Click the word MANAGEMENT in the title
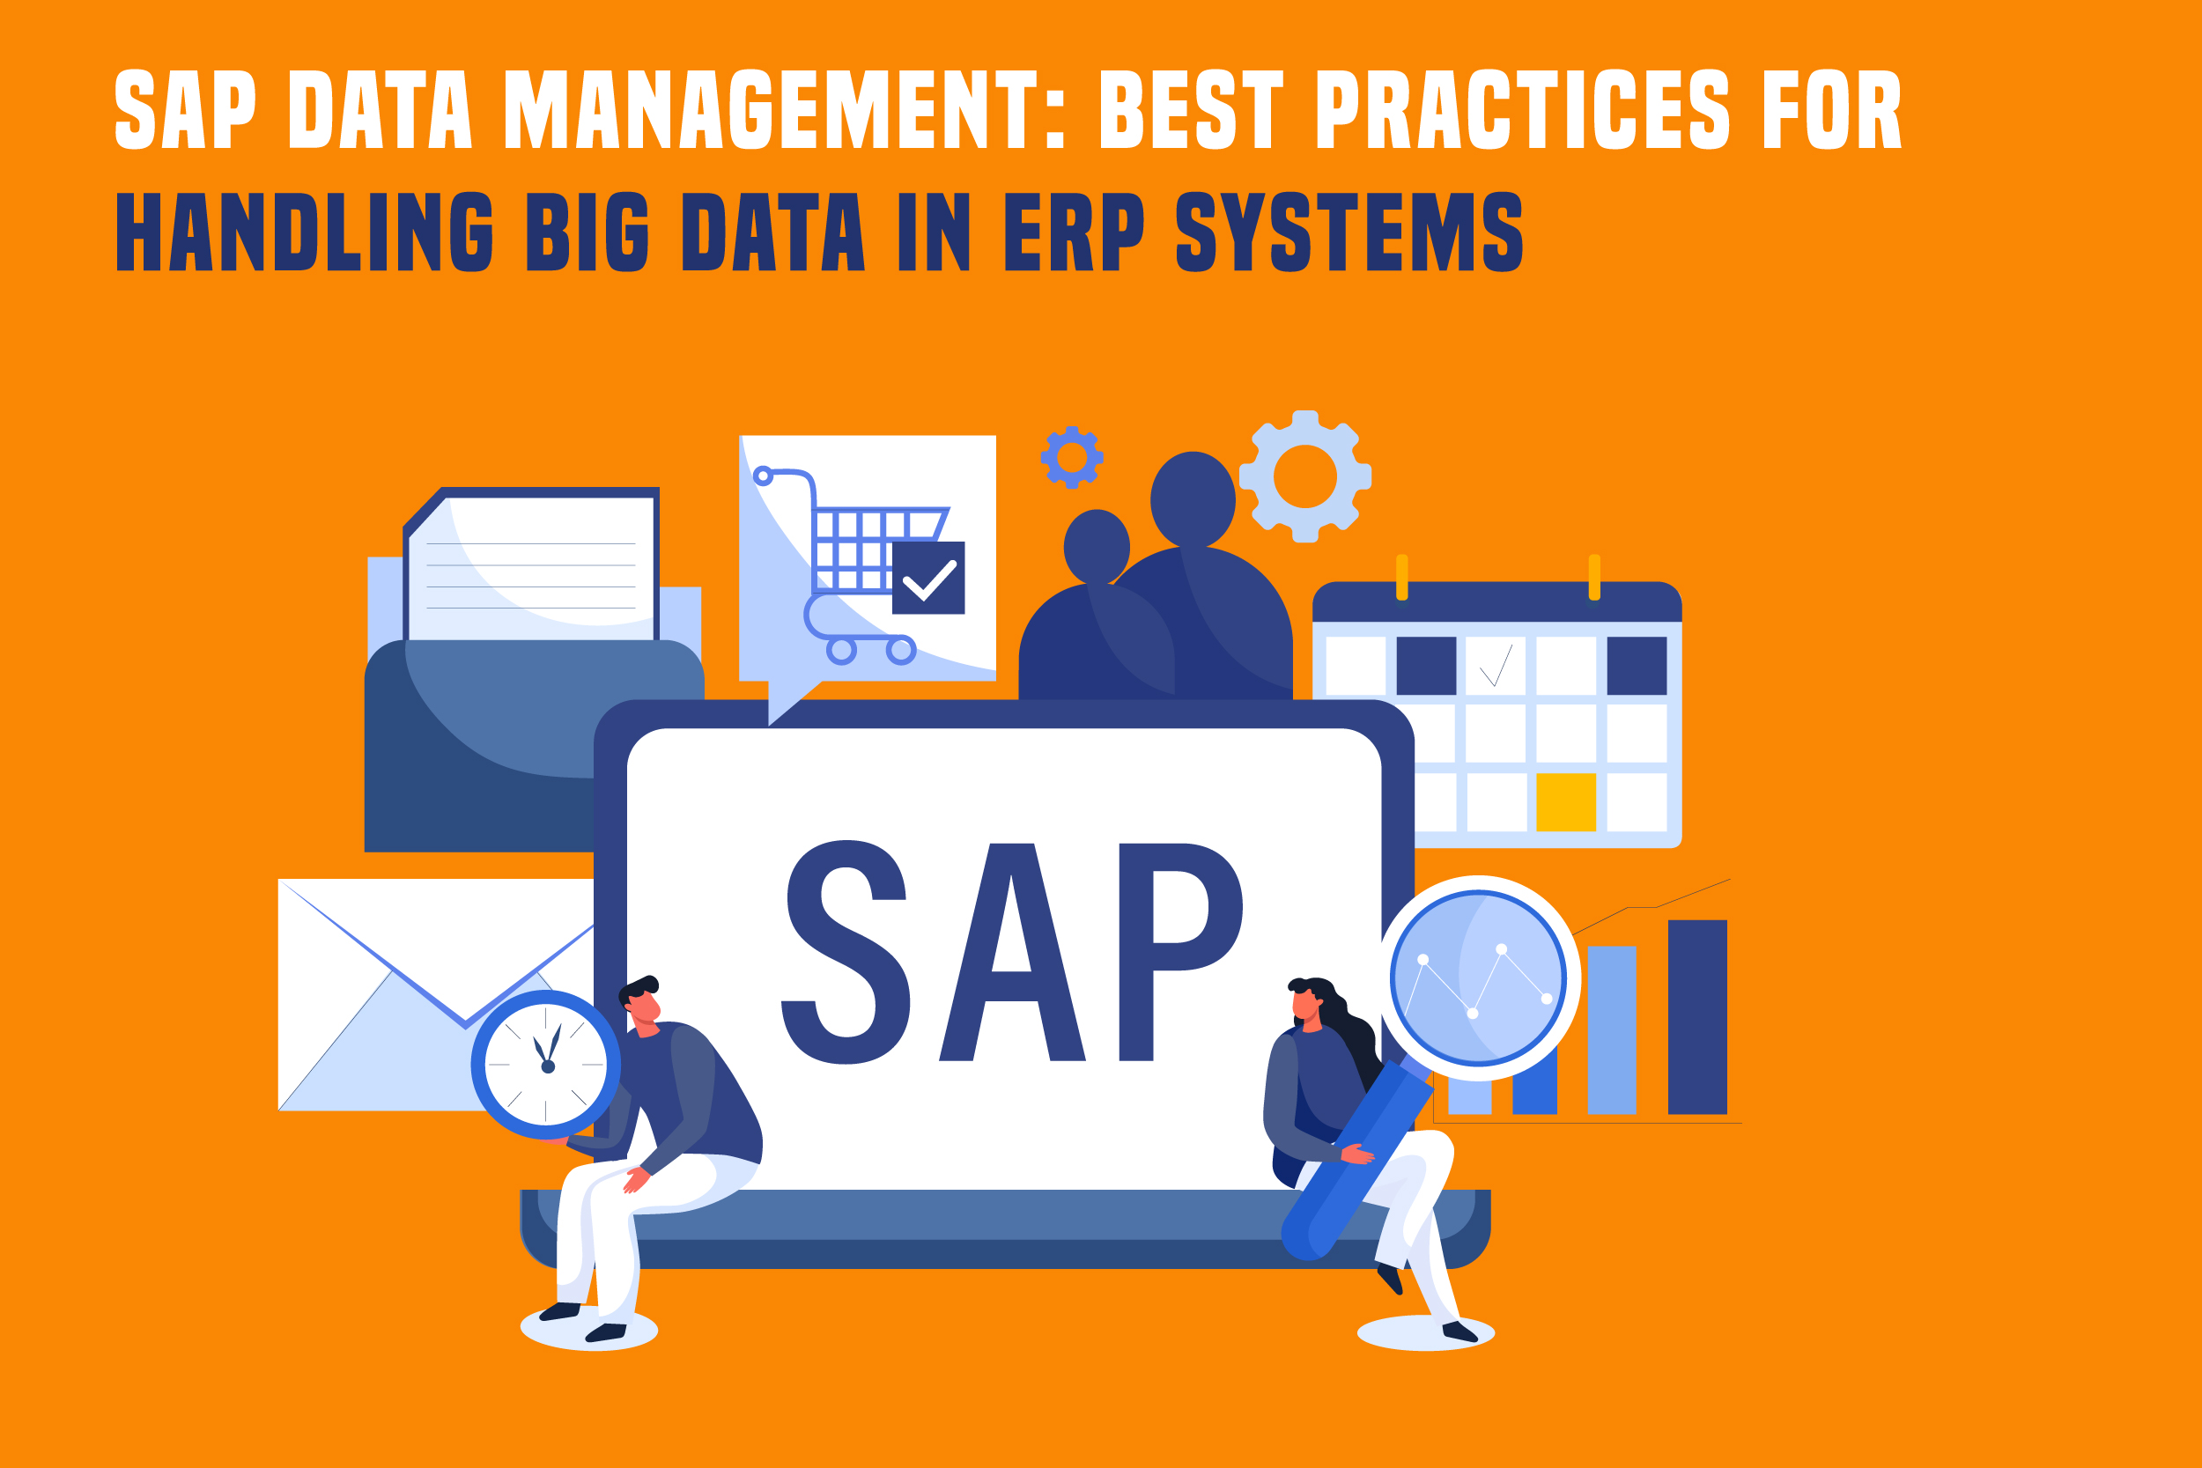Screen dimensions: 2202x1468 (x=771, y=109)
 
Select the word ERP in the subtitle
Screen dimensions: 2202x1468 (x=1074, y=232)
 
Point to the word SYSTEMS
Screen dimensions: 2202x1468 (x=1349, y=232)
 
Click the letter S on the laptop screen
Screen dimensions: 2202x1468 (x=846, y=952)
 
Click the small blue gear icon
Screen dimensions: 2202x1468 (x=1072, y=458)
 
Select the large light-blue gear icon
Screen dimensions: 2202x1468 (x=1305, y=476)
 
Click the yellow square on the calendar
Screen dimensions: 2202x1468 (x=1565, y=802)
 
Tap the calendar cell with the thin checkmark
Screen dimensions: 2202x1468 (x=1494, y=666)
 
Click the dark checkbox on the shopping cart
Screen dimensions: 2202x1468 (x=927, y=578)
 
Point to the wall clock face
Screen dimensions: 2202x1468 (x=546, y=1065)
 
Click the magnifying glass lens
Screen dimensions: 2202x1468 (x=1478, y=978)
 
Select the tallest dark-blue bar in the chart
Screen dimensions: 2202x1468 (x=1697, y=1017)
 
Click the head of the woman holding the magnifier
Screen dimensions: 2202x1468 (x=1308, y=1004)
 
